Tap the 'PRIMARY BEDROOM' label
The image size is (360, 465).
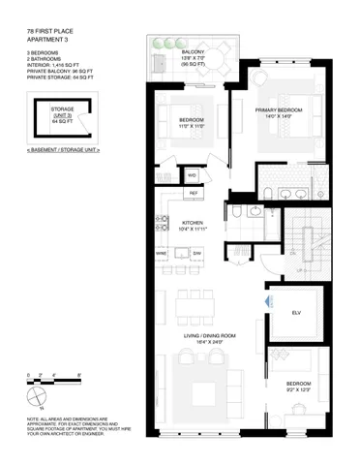(279, 110)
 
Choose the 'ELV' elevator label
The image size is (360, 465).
(296, 313)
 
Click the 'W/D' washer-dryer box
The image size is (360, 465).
(193, 174)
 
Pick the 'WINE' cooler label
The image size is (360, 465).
(162, 253)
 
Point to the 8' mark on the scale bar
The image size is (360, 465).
(78, 373)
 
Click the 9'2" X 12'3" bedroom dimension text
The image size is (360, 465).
(299, 390)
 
